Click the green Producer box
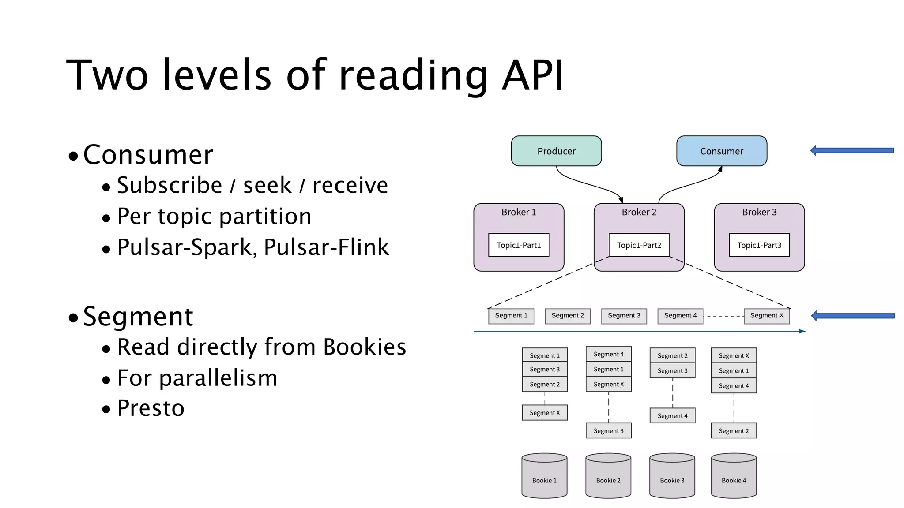(x=556, y=151)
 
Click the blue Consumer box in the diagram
(x=722, y=151)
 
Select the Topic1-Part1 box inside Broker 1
(x=519, y=245)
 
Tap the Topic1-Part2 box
(x=639, y=245)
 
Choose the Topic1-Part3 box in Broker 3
(x=759, y=245)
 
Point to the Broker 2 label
(x=639, y=212)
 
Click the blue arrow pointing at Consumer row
(x=852, y=151)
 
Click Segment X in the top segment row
(x=767, y=316)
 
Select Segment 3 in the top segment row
(x=624, y=316)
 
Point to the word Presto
(x=151, y=408)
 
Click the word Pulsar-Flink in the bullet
(x=326, y=247)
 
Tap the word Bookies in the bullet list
(x=364, y=347)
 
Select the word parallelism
(x=218, y=378)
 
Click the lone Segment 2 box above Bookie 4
(x=734, y=431)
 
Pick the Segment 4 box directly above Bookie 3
(x=672, y=416)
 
